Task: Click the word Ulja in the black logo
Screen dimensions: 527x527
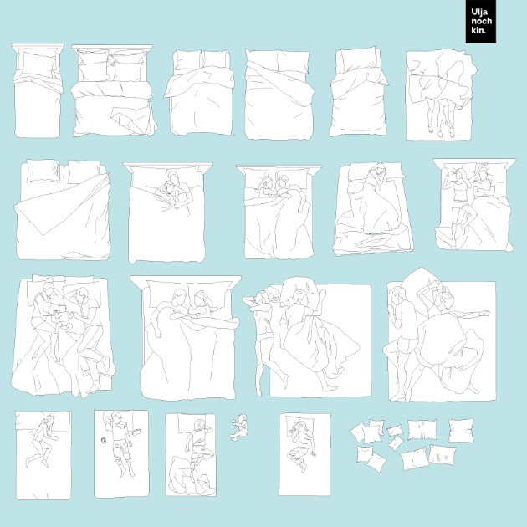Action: (x=479, y=13)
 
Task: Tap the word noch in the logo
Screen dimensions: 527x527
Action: (x=481, y=21)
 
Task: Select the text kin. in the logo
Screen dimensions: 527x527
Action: (x=478, y=30)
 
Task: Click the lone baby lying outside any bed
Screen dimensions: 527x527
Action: (x=239, y=427)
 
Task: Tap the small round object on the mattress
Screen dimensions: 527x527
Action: (x=104, y=440)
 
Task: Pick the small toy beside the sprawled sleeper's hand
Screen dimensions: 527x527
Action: (x=137, y=431)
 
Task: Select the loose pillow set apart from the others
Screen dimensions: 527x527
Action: (x=461, y=431)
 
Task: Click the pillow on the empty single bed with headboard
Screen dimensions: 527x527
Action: (x=38, y=63)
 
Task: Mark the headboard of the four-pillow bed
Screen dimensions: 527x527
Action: (x=112, y=47)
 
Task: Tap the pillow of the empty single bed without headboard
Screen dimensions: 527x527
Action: (x=359, y=60)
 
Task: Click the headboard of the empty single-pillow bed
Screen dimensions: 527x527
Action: (x=38, y=47)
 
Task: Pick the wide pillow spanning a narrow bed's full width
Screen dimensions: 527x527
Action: (x=43, y=421)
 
